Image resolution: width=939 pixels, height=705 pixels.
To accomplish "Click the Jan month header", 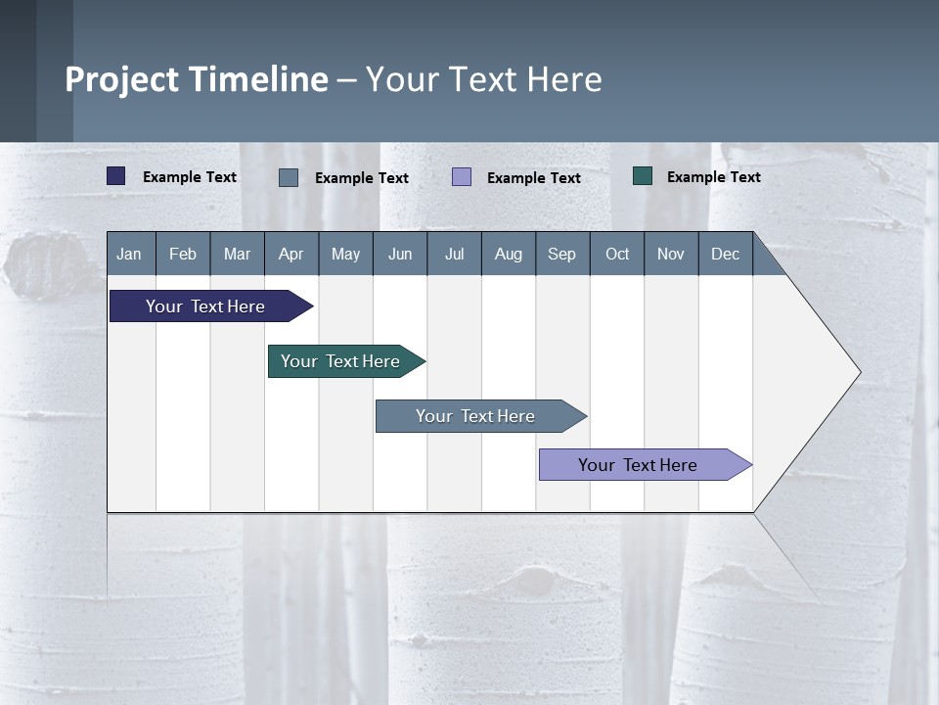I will [x=130, y=254].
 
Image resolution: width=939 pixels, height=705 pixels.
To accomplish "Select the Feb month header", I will [x=183, y=254].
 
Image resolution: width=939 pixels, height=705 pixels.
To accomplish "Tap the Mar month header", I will [x=237, y=254].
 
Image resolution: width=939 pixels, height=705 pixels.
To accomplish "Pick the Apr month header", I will [x=291, y=254].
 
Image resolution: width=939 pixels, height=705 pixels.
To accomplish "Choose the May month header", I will [x=345, y=254].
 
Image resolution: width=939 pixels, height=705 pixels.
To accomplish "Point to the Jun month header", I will [x=400, y=254].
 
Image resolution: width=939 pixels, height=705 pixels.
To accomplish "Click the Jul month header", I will [x=454, y=254].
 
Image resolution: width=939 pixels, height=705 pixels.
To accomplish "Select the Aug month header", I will [x=509, y=254].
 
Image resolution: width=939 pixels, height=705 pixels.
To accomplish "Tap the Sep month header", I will [x=562, y=254].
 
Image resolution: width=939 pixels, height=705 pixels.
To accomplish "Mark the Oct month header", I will [x=617, y=254].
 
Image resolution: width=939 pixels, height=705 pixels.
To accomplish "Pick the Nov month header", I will [x=671, y=254].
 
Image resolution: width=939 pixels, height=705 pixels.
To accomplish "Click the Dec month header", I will [x=726, y=254].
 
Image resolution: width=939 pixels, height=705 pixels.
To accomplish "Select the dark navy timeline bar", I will [x=206, y=306].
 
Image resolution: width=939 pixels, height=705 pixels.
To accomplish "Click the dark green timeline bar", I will [x=341, y=361].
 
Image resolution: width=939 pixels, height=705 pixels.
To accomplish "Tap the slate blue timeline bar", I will [x=476, y=416].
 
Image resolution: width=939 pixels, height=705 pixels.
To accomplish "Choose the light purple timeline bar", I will [x=639, y=465].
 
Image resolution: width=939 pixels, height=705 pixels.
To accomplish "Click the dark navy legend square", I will [x=116, y=176].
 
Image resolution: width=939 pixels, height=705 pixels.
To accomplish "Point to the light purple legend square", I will [x=462, y=177].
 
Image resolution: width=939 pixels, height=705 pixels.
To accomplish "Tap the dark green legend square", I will [x=643, y=176].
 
